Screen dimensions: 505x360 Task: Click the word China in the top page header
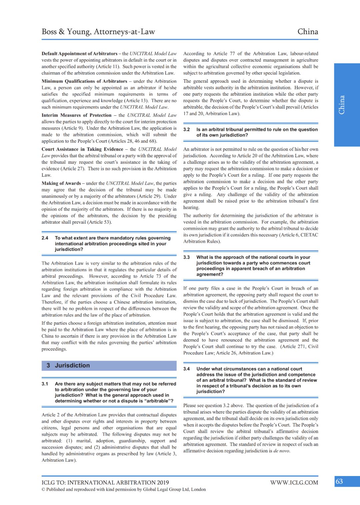[x=307, y=32]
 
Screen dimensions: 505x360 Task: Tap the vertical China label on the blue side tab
[x=342, y=105]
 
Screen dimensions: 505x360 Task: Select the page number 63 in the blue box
[x=339, y=481]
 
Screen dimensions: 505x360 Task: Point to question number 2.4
[x=45, y=238]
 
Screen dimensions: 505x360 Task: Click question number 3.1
[x=45, y=384]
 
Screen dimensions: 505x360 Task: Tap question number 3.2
[x=187, y=130]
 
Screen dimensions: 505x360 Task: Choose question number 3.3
[x=187, y=257]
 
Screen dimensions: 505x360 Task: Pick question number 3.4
[x=187, y=369]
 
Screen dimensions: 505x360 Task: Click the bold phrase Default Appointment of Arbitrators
[x=79, y=54]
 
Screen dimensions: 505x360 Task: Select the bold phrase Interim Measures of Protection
[x=76, y=115]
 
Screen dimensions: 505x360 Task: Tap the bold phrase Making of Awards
[x=61, y=183]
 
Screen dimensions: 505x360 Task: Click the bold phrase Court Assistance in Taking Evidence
[x=82, y=149]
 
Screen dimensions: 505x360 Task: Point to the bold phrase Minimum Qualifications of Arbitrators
[x=84, y=81]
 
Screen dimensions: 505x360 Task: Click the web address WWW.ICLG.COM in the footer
[x=294, y=482]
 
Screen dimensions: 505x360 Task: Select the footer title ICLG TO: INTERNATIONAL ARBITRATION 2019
[x=105, y=482]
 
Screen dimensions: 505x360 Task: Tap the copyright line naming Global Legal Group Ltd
[x=124, y=489]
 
